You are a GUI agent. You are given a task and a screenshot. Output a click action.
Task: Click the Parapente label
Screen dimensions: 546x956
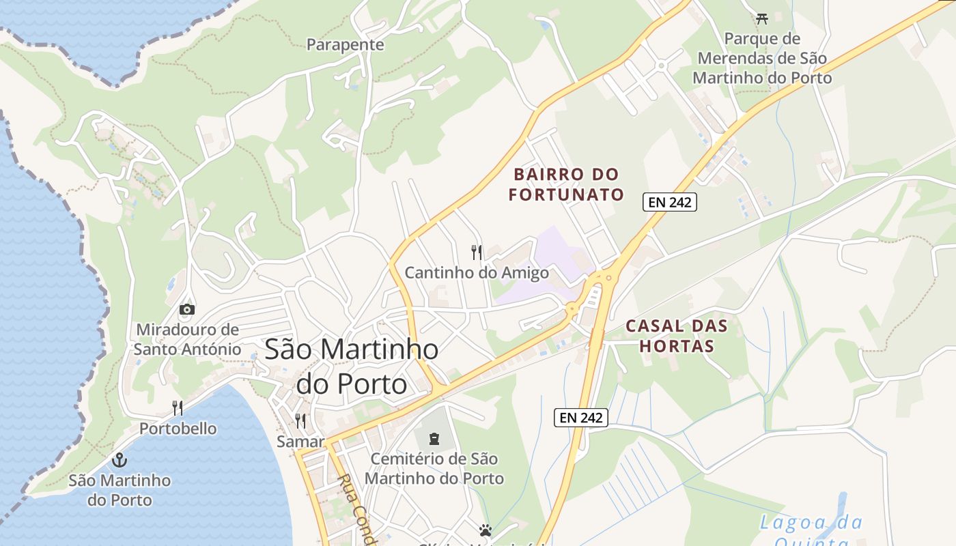click(345, 45)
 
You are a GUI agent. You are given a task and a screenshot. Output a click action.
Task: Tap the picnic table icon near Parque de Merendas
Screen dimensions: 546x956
click(762, 18)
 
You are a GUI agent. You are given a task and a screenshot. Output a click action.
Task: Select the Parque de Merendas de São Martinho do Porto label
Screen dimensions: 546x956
click(762, 58)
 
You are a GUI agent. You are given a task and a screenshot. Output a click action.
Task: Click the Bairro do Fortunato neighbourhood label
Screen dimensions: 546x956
click(566, 184)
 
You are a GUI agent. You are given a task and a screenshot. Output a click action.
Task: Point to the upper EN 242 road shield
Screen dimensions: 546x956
click(669, 201)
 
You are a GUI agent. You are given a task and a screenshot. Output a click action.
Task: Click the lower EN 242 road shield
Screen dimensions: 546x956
click(580, 418)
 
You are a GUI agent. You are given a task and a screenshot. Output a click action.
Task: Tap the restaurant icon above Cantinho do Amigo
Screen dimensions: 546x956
click(477, 253)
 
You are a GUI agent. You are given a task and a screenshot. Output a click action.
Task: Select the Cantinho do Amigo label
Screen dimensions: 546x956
click(477, 273)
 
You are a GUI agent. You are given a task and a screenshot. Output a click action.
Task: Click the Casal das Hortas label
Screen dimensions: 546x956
click(677, 336)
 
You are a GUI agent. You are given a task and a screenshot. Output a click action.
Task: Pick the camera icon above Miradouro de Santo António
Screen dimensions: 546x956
click(186, 310)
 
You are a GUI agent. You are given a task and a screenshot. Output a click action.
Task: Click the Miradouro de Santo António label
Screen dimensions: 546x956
click(187, 339)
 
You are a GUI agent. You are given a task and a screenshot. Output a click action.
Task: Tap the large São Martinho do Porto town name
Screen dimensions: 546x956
click(352, 367)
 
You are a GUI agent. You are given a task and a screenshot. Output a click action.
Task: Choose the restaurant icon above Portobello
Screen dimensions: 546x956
click(178, 408)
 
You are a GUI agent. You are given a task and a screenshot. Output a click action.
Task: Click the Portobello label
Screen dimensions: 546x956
click(178, 429)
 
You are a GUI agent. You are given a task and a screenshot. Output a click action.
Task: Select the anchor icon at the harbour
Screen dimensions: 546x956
click(119, 459)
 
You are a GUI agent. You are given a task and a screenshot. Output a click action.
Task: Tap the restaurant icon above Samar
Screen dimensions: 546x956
click(300, 420)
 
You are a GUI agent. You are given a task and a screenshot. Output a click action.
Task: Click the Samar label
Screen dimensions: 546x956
click(300, 442)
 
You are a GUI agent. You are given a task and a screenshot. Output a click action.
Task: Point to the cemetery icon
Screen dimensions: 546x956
click(434, 438)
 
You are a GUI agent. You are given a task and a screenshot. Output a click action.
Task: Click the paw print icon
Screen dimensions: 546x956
click(485, 530)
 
